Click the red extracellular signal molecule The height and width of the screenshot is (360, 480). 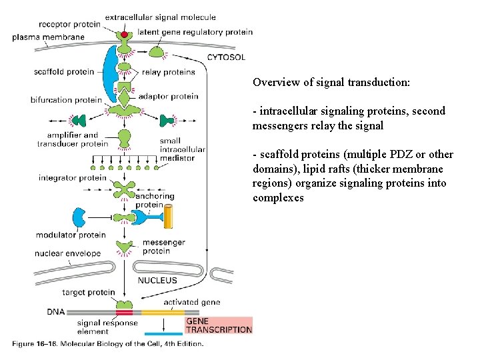coord(125,34)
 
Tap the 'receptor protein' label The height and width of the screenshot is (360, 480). coord(70,25)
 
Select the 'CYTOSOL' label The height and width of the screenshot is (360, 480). coord(226,57)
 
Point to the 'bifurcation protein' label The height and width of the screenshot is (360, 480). coord(66,100)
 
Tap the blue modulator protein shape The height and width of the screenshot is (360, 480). coord(79,218)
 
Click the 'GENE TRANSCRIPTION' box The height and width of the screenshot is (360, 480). coord(218,325)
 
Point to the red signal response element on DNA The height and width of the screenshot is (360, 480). coord(124,311)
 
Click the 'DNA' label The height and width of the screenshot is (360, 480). coord(56,311)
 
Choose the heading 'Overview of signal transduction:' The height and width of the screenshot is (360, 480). coord(331,83)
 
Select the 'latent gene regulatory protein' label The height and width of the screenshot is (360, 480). coord(195,32)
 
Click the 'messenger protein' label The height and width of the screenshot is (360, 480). coord(165,247)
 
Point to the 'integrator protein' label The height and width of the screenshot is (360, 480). coord(72,178)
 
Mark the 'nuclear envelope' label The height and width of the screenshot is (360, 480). coord(67,253)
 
